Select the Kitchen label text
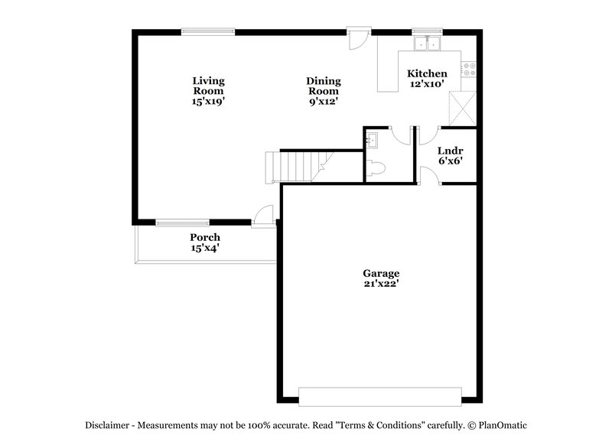pyautogui.click(x=427, y=73)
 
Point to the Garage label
pyautogui.click(x=381, y=273)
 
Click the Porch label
pyautogui.click(x=205, y=238)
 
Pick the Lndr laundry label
pyautogui.click(x=449, y=151)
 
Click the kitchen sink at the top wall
pyautogui.click(x=427, y=44)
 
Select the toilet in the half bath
pyautogui.click(x=375, y=170)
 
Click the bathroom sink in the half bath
pyautogui.click(x=372, y=140)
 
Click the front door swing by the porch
pyautogui.click(x=263, y=215)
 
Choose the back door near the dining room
pyautogui.click(x=358, y=39)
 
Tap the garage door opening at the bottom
pyautogui.click(x=380, y=395)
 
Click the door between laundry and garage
pyautogui.click(x=428, y=177)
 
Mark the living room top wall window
pyautogui.click(x=208, y=31)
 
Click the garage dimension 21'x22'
pyautogui.click(x=381, y=284)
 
